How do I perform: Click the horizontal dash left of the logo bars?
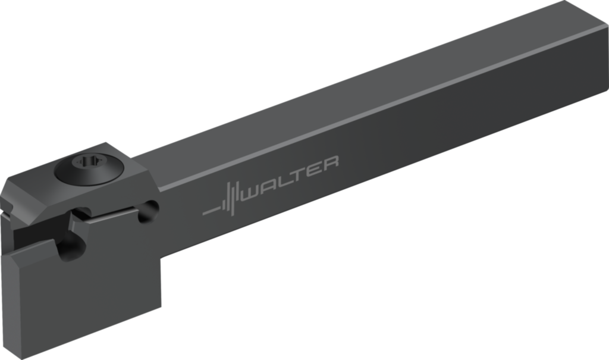pyautogui.click(x=211, y=211)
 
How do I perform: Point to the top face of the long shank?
pyautogui.click(x=357, y=89)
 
